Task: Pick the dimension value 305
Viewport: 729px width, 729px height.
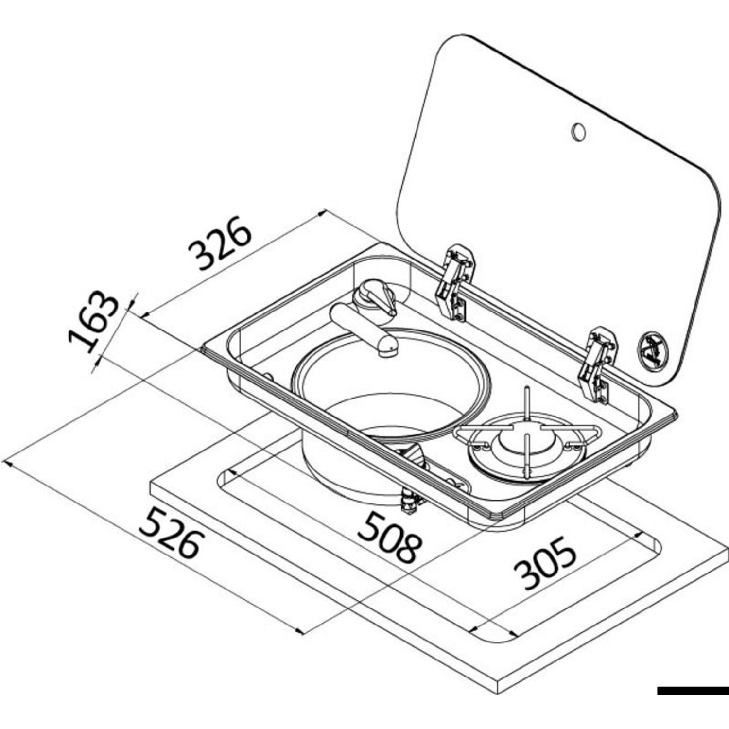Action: [x=545, y=563]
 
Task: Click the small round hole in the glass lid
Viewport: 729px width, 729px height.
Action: [x=578, y=132]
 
